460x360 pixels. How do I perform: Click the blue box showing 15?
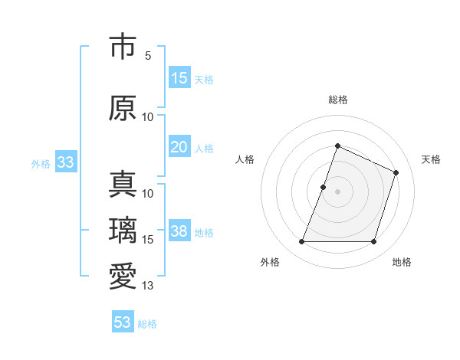179,78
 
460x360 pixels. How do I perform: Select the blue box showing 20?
179,147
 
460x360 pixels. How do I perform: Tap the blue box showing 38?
179,232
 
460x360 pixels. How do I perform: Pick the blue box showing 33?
65,162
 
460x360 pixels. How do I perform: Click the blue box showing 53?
123,322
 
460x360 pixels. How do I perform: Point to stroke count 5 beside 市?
148,56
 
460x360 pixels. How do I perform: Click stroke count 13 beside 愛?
148,286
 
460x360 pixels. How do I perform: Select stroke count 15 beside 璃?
148,240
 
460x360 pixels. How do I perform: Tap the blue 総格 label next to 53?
147,324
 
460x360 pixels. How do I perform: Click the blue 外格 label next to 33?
40,163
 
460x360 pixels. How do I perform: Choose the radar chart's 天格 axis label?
431,159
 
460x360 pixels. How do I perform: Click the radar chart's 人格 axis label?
245,159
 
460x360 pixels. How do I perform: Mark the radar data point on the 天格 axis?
396,173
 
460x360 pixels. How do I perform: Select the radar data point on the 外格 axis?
301,242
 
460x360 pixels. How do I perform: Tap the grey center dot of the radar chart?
337,192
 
